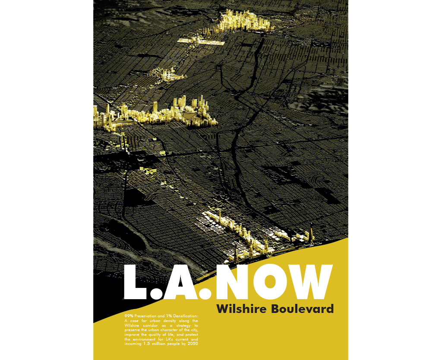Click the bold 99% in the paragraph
click(x=129, y=316)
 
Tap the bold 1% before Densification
click(x=169, y=316)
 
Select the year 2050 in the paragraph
click(x=191, y=344)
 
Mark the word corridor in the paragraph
click(x=150, y=325)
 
